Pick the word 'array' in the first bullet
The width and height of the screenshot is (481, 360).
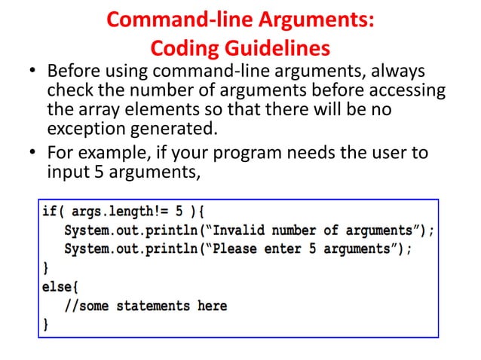click(101, 110)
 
